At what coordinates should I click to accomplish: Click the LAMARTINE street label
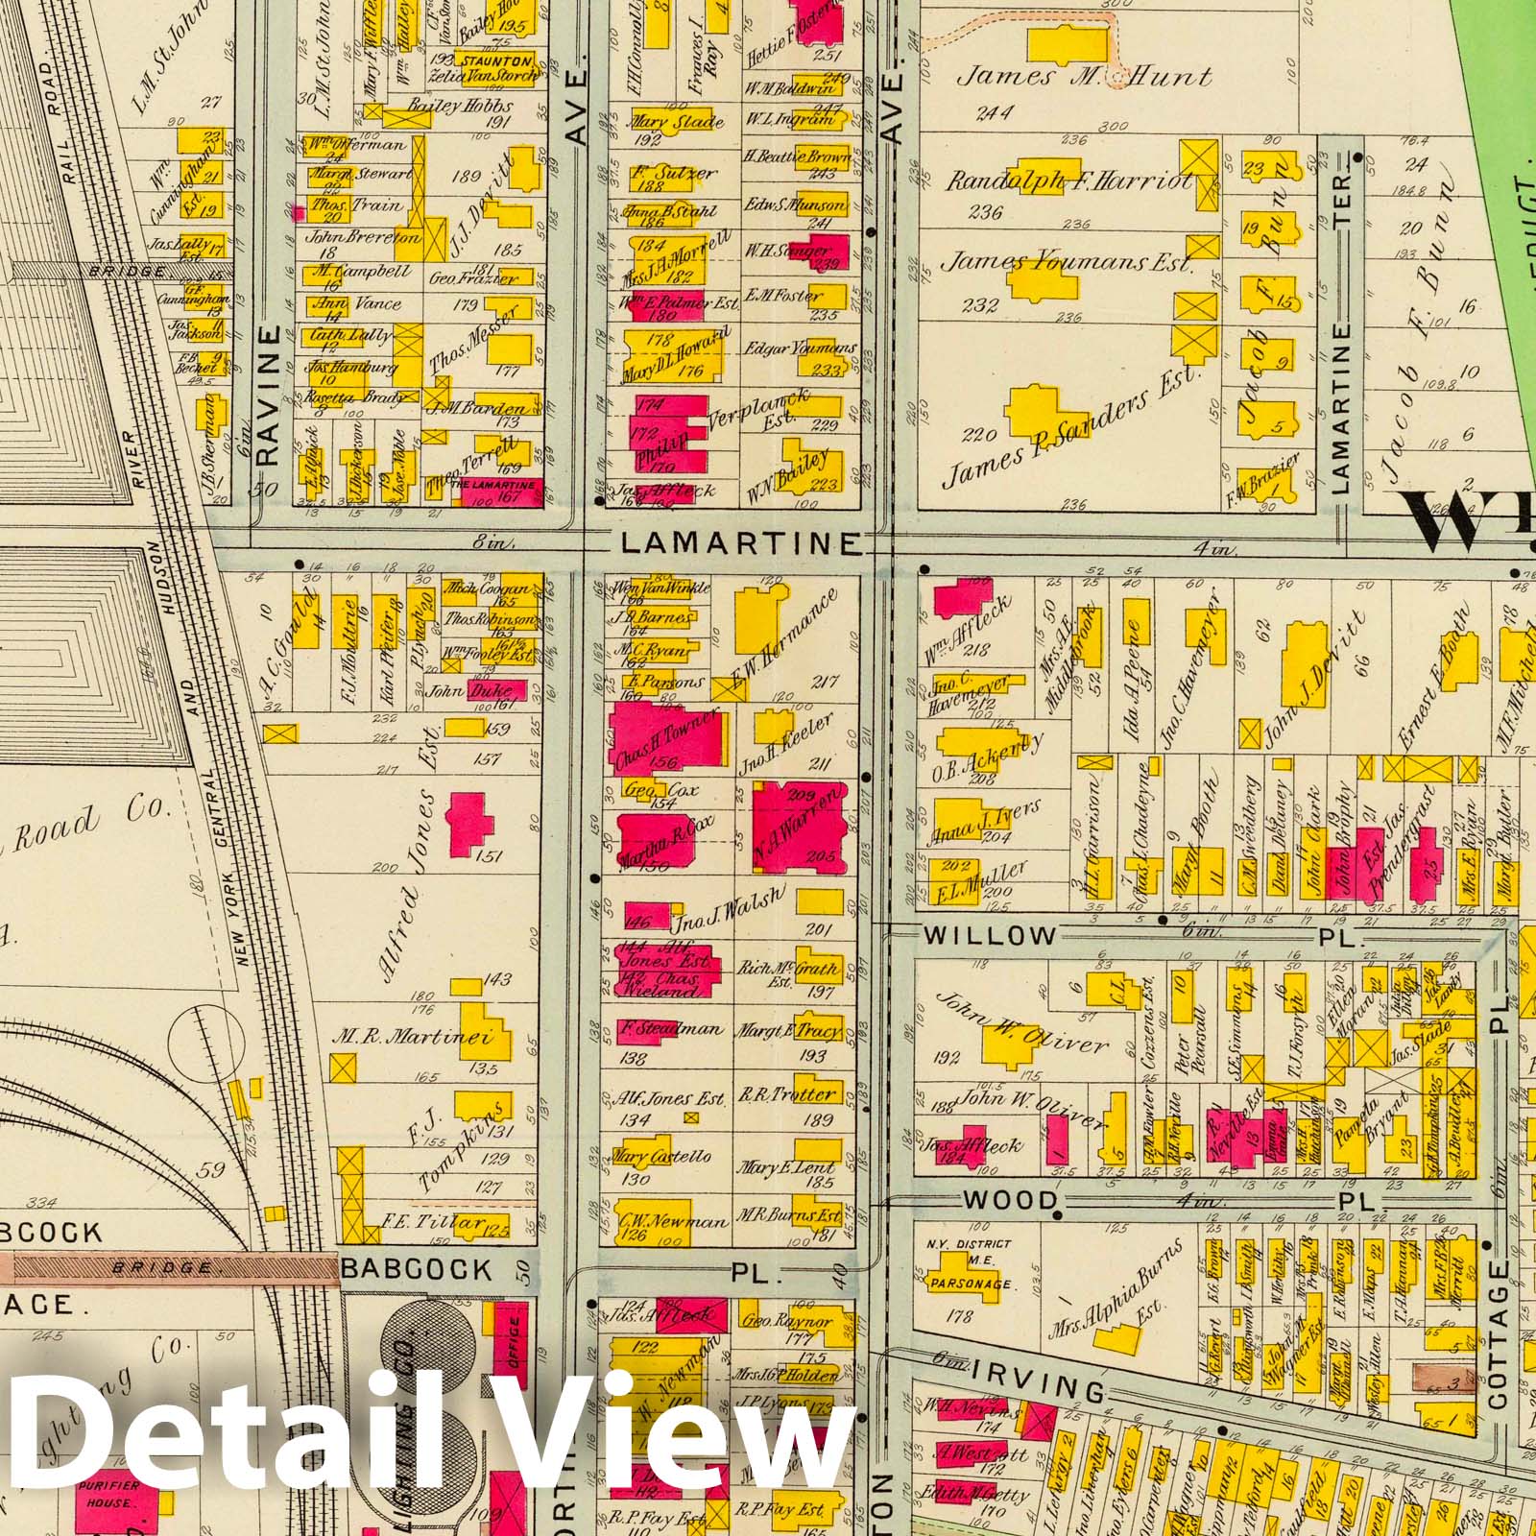[x=739, y=543]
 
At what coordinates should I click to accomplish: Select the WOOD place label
[x=1010, y=1201]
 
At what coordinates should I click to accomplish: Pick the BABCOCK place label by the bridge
[x=416, y=1270]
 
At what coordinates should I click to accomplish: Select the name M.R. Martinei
[x=413, y=1037]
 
